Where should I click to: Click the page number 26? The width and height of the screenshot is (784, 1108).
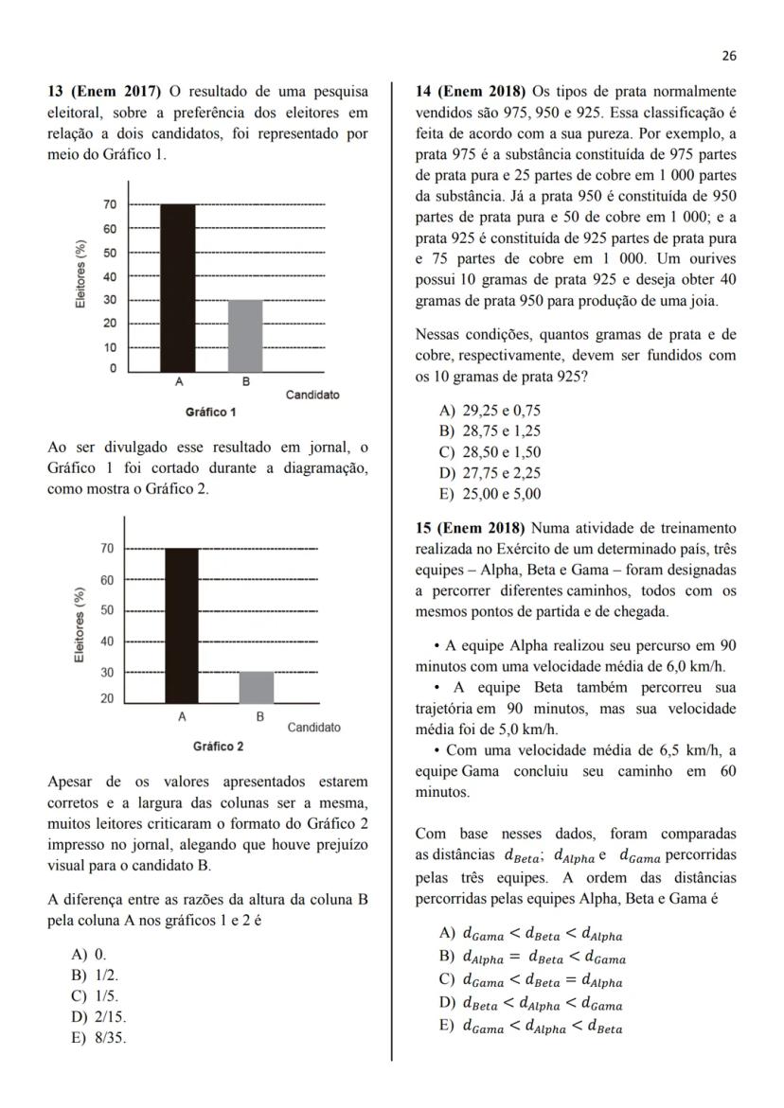pos(728,56)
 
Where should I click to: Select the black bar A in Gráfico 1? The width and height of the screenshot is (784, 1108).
pos(178,288)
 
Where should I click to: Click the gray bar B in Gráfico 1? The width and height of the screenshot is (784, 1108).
pos(245,336)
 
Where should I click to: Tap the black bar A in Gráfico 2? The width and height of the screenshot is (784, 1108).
pos(182,625)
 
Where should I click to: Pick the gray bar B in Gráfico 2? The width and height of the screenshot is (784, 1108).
pos(256,688)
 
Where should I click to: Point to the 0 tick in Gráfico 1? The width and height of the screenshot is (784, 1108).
pos(112,369)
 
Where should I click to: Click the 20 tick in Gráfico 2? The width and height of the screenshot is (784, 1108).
pos(107,698)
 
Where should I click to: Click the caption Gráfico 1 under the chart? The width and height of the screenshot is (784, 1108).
pos(211,413)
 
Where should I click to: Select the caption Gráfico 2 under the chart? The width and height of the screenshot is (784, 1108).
pos(218,747)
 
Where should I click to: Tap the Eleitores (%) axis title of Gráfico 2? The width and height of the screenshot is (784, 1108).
pos(81,624)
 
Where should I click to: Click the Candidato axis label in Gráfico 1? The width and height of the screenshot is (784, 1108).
pos(312,395)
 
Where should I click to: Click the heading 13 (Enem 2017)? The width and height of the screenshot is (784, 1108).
pos(106,92)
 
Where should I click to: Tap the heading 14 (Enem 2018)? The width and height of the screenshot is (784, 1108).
pos(472,92)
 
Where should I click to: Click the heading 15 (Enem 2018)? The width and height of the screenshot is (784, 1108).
pos(472,527)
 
